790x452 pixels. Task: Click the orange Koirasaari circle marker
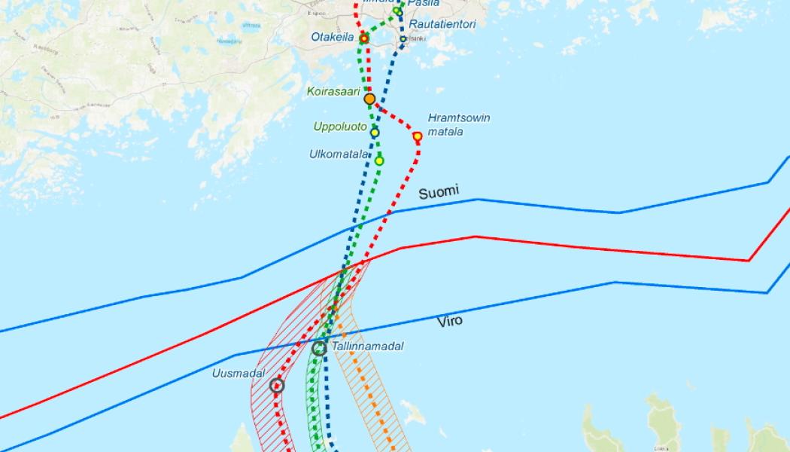point(369,99)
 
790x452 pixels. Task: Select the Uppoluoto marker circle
point(375,133)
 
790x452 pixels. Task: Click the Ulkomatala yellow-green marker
point(379,160)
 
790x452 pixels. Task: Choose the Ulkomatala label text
point(339,154)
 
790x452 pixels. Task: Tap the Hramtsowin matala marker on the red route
point(418,136)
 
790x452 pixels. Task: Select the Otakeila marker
point(364,38)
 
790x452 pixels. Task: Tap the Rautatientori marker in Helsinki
point(403,38)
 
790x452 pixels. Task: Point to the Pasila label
point(424,4)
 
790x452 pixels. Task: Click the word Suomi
point(439,192)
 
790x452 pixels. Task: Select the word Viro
point(450,321)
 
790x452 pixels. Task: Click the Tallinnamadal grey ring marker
point(319,348)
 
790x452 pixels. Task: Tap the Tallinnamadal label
point(368,347)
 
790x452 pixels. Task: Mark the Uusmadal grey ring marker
point(277,386)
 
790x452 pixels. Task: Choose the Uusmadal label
point(236,373)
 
